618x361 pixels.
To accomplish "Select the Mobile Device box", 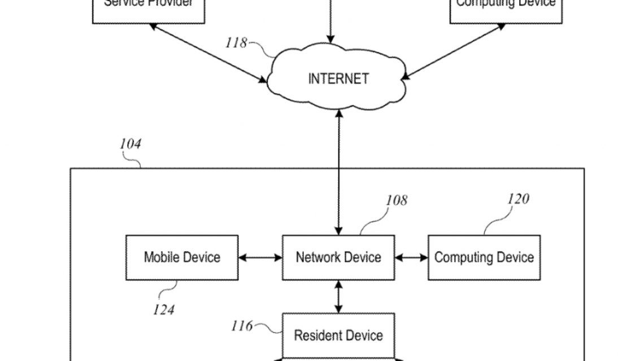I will click(x=181, y=258).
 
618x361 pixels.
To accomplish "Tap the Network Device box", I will click(x=338, y=258).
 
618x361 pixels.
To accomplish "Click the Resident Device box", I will click(x=338, y=336).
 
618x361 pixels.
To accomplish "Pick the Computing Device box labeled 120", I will click(x=484, y=258).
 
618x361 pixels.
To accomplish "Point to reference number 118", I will click(x=236, y=43).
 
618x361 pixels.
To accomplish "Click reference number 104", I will click(x=130, y=144).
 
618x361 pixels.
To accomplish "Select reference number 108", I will click(x=397, y=200).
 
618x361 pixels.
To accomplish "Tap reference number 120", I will click(x=518, y=199).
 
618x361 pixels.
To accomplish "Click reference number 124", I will click(x=163, y=310).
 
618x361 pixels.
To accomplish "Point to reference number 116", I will click(x=242, y=326).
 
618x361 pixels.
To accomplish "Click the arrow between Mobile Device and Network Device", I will click(x=260, y=258).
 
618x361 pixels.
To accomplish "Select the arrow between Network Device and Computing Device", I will click(x=411, y=258).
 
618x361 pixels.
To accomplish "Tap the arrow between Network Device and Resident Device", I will click(x=338, y=297).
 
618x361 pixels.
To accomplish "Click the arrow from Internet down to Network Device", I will click(x=338, y=172).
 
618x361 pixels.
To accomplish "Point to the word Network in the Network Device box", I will click(x=317, y=258).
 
